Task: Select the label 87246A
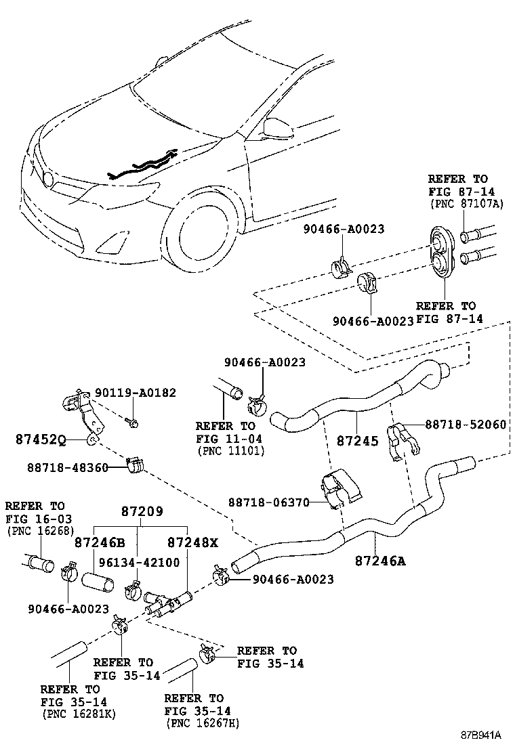[380, 560]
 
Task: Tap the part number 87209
[142, 513]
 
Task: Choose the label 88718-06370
[268, 502]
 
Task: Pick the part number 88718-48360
[68, 467]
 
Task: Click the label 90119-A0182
[136, 393]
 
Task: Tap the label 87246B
[100, 542]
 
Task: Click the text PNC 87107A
[466, 204]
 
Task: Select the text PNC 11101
[230, 450]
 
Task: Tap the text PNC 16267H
[201, 723]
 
